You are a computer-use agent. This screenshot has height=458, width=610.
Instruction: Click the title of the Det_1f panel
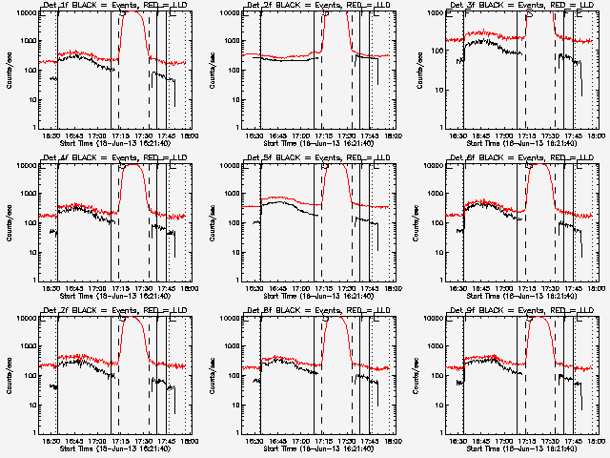[116, 6]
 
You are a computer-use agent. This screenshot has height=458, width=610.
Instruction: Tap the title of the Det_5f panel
[319, 158]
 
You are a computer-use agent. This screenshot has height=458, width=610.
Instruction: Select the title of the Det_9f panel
[523, 311]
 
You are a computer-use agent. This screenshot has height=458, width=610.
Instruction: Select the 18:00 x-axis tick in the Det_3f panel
[595, 135]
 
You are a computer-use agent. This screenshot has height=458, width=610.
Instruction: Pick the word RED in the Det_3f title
[554, 6]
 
